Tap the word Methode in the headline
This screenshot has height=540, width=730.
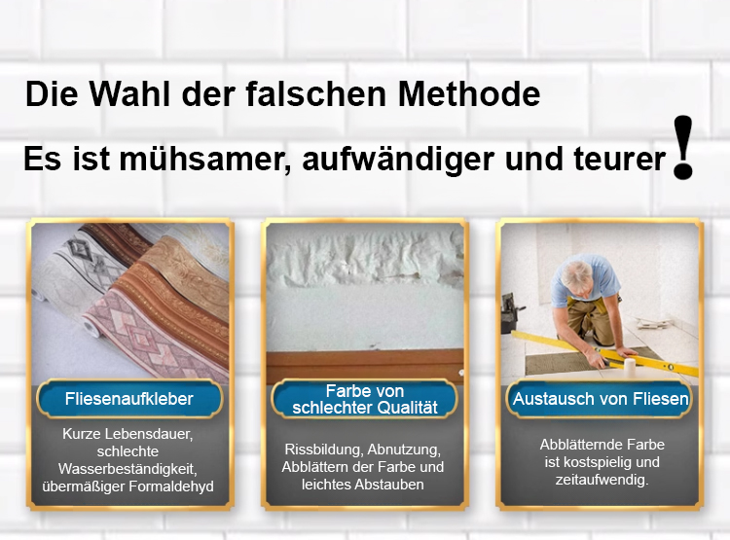[469, 93]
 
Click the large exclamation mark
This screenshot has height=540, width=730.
[683, 147]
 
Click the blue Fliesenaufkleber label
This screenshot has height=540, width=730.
[129, 399]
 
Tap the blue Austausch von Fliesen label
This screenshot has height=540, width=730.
[601, 399]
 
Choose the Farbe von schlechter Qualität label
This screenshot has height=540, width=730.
[365, 399]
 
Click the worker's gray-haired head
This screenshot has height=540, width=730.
[576, 274]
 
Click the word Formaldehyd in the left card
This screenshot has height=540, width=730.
[171, 486]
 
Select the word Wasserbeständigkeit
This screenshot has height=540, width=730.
[128, 469]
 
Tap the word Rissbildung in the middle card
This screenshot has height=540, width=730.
[324, 450]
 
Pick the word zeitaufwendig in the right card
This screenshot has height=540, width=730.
[601, 480]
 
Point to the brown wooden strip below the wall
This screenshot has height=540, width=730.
[365, 366]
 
